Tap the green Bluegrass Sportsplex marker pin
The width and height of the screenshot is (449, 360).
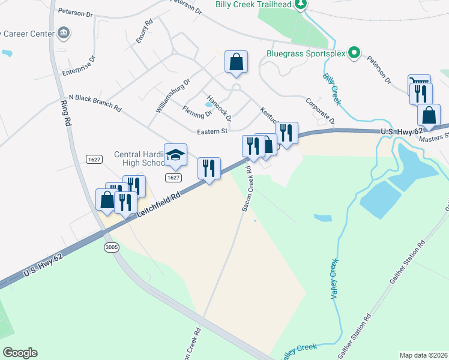point(354,53)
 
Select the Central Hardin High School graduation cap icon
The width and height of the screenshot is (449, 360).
point(175,155)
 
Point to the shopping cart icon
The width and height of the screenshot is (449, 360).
point(418,82)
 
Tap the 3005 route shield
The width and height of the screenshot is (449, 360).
point(110,247)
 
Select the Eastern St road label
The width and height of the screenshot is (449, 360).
point(212,131)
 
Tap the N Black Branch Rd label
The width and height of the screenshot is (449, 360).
point(95,103)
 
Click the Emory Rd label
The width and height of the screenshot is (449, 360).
point(144,31)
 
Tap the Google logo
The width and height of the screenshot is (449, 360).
point(20,353)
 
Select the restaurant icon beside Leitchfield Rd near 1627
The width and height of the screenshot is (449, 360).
point(209,167)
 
